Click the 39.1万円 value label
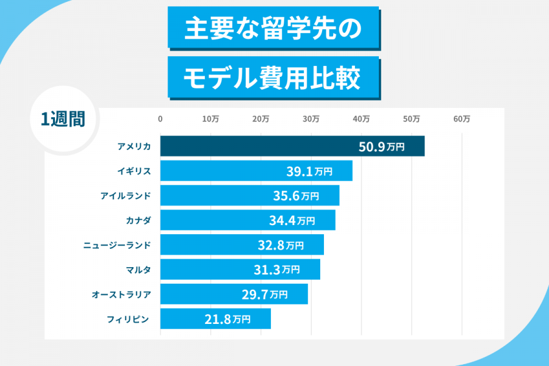click(x=309, y=171)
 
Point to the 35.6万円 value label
click(x=296, y=196)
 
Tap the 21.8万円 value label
click(x=228, y=318)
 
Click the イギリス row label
click(x=134, y=171)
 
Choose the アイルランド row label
click(x=125, y=196)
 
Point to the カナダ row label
click(x=138, y=220)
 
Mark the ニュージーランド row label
click(x=117, y=245)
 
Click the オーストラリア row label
click(x=121, y=294)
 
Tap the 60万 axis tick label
click(x=462, y=120)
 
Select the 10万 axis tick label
click(x=210, y=120)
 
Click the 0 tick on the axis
click(x=160, y=120)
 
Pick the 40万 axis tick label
click(x=361, y=120)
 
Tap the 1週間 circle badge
click(x=63, y=120)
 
